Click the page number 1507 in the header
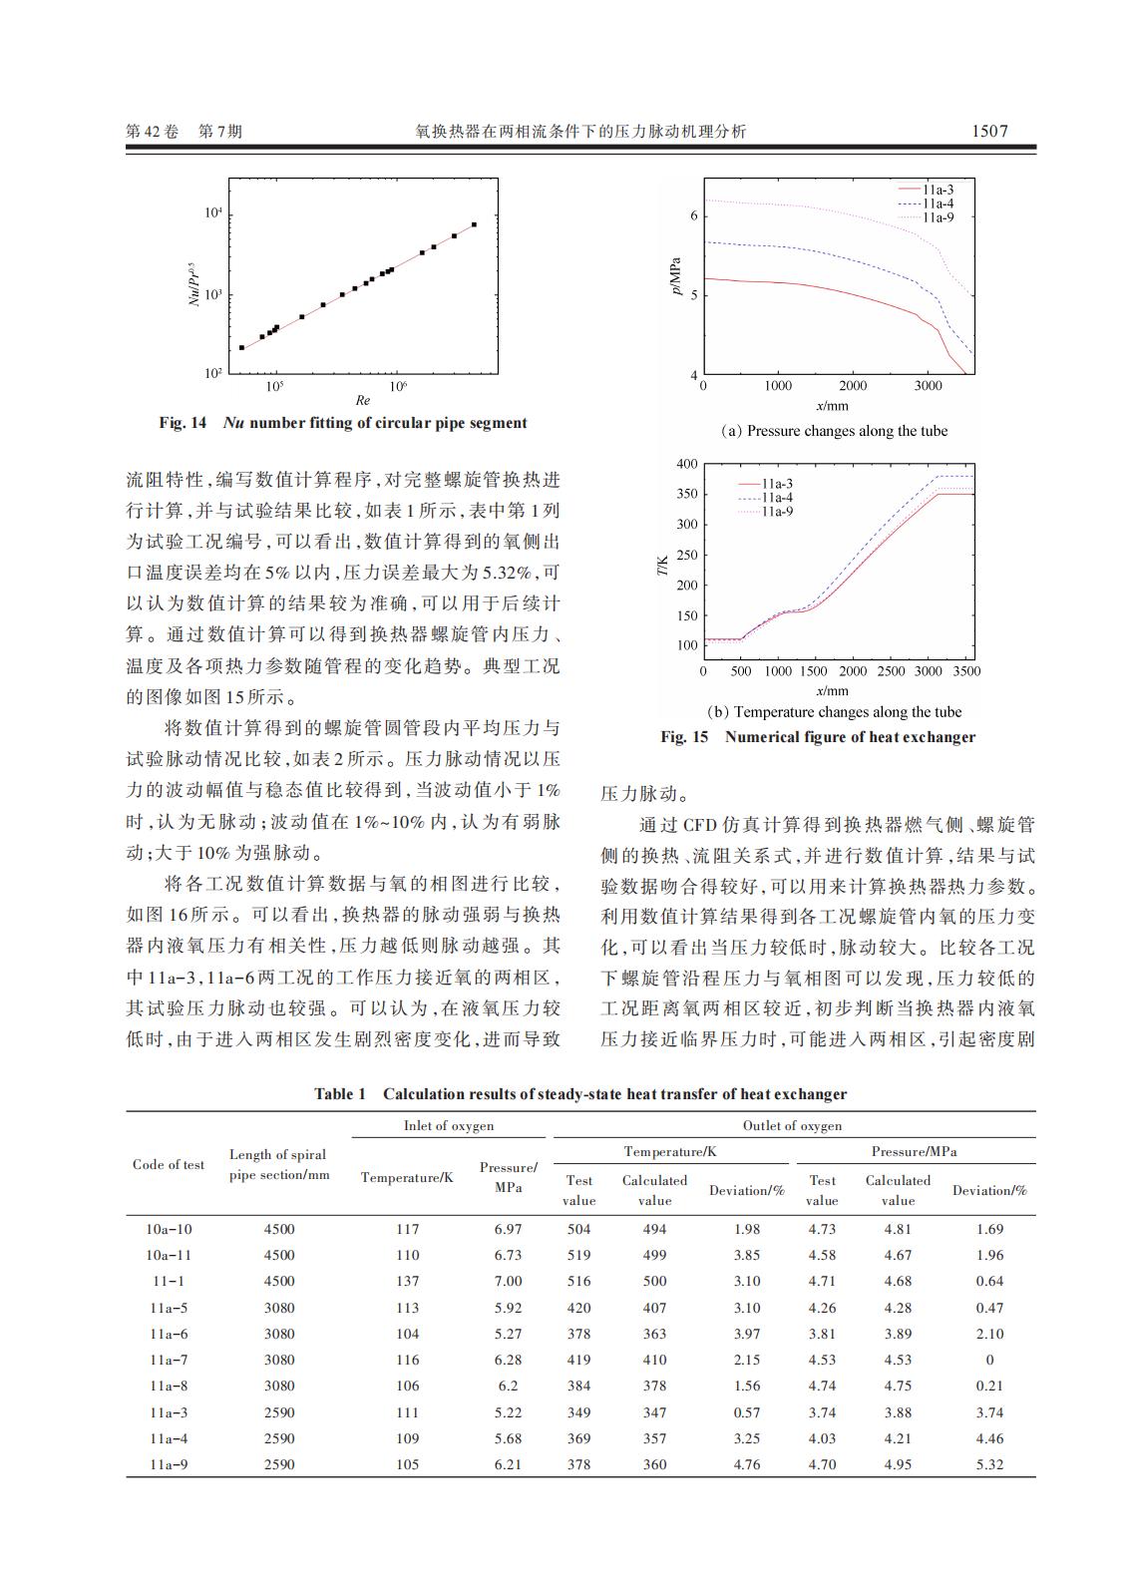point(989,131)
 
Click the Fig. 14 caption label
point(183,423)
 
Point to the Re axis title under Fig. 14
point(363,401)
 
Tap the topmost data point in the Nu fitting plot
point(474,224)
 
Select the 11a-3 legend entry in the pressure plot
point(937,190)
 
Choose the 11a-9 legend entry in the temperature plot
point(777,512)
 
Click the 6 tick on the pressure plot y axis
point(694,216)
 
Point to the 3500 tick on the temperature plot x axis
point(966,671)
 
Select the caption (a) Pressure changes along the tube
point(834,431)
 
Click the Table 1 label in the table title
point(340,1094)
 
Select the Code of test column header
point(169,1164)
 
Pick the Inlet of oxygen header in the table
point(449,1125)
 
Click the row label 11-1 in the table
point(168,1281)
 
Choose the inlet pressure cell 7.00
point(508,1281)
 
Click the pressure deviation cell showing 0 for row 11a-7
point(989,1360)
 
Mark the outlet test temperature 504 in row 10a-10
point(578,1229)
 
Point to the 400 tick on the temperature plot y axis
point(687,464)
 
